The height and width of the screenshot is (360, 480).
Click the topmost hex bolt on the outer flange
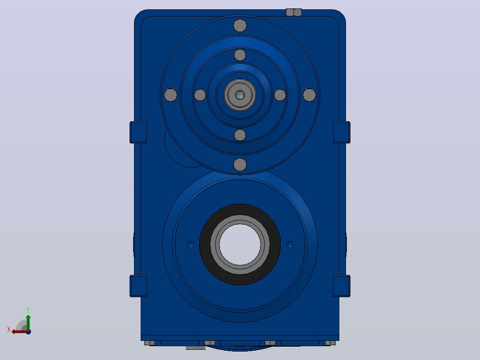click(240, 25)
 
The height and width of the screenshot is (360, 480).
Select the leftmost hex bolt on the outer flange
click(171, 95)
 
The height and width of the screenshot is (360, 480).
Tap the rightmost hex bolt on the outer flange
click(309, 95)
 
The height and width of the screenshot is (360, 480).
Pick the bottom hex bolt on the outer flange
click(240, 164)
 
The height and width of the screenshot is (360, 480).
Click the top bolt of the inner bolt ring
click(240, 55)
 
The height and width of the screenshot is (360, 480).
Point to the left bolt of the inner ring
click(200, 95)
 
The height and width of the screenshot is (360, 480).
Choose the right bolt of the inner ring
click(280, 95)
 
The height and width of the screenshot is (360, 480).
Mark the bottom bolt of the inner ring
click(240, 135)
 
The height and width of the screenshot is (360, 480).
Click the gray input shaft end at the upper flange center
click(240, 95)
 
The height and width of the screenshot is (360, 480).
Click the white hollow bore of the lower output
click(240, 245)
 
